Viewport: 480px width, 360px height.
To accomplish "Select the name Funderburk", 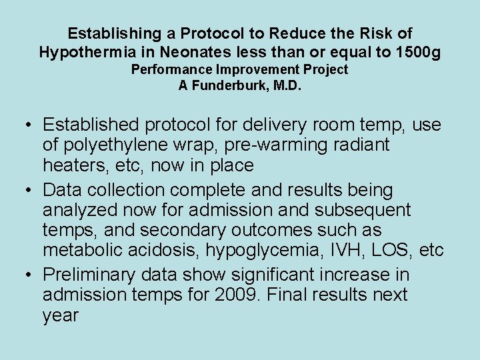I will click(226, 85).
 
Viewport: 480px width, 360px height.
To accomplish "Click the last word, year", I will click(61, 315).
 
